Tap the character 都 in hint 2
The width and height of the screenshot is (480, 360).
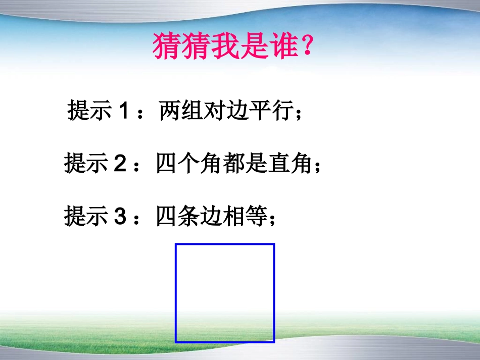pyautogui.click(x=234, y=164)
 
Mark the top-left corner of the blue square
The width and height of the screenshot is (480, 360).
pyautogui.click(x=176, y=245)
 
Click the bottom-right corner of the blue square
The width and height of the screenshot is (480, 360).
pyautogui.click(x=273, y=342)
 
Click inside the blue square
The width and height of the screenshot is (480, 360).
pyautogui.click(x=225, y=293)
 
